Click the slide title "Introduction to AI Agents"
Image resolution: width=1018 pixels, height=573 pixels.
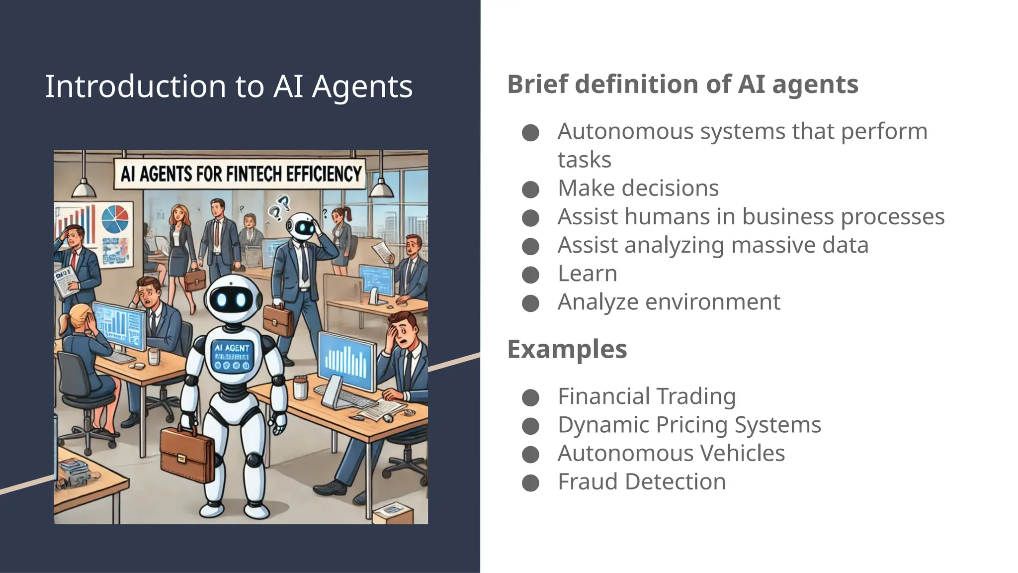point(229,87)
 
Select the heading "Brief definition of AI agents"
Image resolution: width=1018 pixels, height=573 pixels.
point(682,84)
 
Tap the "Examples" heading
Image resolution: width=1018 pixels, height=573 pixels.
point(567,349)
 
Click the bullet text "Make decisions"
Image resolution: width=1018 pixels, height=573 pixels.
point(638,189)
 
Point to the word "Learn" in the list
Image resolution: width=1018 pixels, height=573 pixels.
point(587,274)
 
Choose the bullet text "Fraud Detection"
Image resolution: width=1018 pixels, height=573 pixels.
point(641,481)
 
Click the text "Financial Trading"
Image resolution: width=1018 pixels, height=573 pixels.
point(646,396)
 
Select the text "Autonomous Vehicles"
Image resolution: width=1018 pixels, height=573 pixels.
point(671,453)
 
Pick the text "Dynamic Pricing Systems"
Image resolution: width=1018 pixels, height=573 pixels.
point(689,425)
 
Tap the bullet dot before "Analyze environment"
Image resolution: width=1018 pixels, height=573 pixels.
point(530,303)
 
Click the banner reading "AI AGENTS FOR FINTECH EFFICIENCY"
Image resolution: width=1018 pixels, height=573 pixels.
point(241,174)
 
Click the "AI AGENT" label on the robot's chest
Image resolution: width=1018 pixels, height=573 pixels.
point(232,348)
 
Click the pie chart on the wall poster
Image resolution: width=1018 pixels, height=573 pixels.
point(115,219)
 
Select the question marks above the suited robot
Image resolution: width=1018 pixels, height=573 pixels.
point(279,207)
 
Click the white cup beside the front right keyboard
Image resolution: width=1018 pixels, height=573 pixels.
point(300,387)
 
